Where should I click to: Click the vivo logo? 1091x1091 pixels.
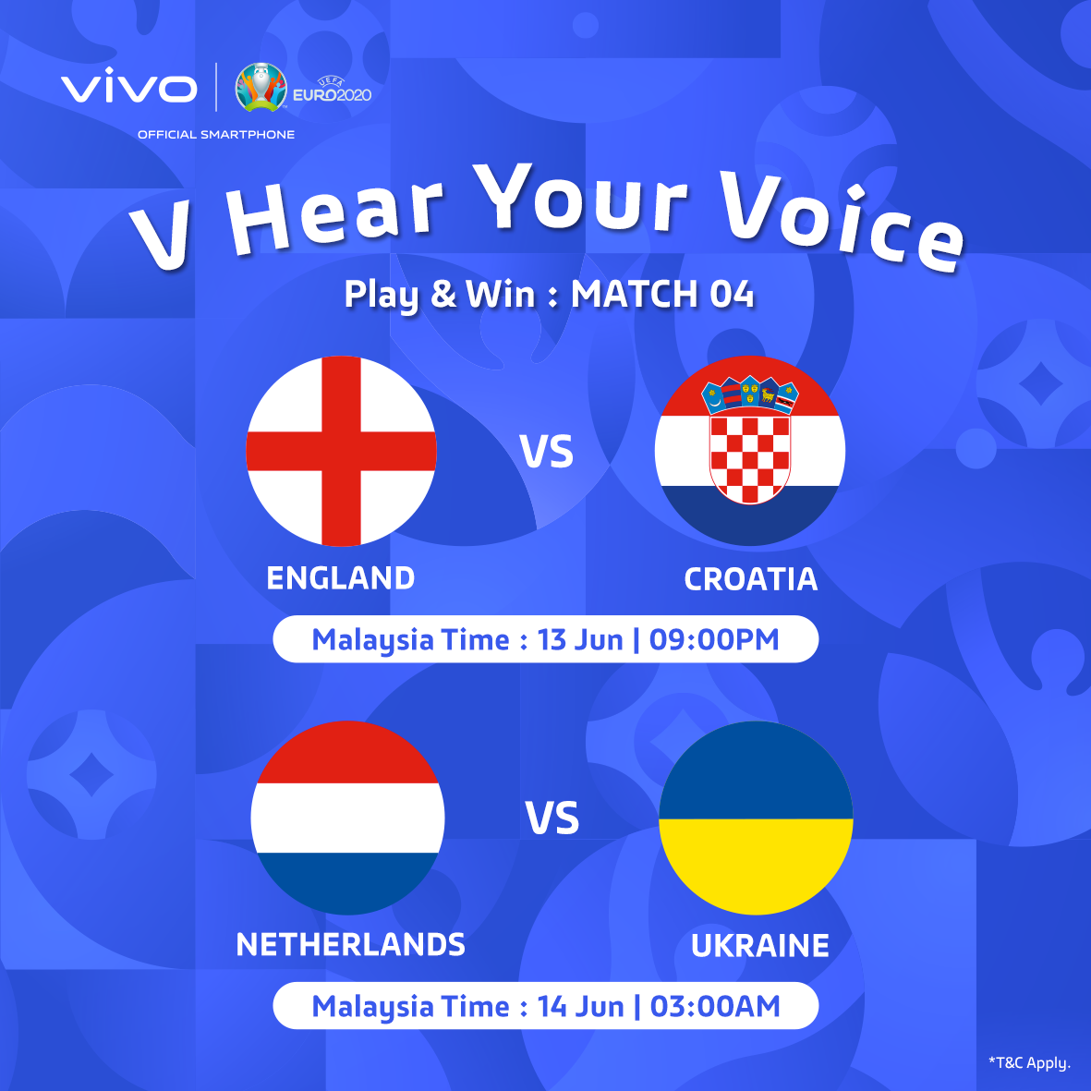[128, 86]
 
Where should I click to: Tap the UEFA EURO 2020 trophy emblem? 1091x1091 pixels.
[261, 87]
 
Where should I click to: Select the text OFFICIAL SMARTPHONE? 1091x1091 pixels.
[215, 134]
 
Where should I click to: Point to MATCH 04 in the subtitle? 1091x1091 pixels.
[662, 294]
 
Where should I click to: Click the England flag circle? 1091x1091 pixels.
[341, 451]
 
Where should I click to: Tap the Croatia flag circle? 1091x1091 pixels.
[750, 451]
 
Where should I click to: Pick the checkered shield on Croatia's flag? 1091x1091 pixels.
[750, 458]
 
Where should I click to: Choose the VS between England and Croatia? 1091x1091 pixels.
[547, 452]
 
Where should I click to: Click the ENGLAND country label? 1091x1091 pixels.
[341, 578]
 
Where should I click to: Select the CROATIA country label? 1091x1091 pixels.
[751, 579]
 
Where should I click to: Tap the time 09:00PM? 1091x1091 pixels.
[714, 639]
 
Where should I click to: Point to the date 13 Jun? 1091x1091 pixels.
[580, 639]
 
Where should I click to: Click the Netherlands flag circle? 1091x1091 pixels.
[347, 818]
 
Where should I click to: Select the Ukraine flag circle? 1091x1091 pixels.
[756, 818]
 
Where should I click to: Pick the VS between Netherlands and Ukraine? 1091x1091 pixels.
[552, 818]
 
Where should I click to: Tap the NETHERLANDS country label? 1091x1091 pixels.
[351, 944]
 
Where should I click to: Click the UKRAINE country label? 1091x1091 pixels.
[759, 946]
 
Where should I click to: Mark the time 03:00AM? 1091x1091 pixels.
[715, 1007]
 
